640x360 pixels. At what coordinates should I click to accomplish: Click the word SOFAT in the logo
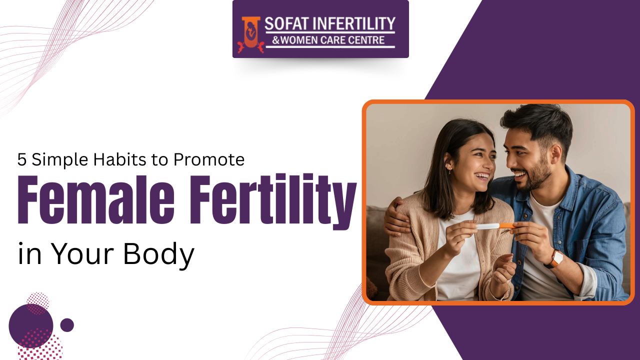coord(287,23)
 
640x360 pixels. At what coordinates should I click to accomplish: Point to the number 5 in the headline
coord(21,159)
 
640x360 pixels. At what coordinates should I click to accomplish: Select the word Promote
coord(209,159)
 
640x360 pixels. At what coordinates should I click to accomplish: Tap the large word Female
coord(96,199)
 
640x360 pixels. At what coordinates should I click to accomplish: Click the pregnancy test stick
coord(495,226)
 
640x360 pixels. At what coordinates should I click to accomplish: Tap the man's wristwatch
coord(555,259)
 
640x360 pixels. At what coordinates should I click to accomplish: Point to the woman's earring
coord(449,171)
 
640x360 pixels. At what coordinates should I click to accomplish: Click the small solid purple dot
coord(67,325)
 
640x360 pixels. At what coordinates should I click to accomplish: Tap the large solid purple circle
coord(31,326)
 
